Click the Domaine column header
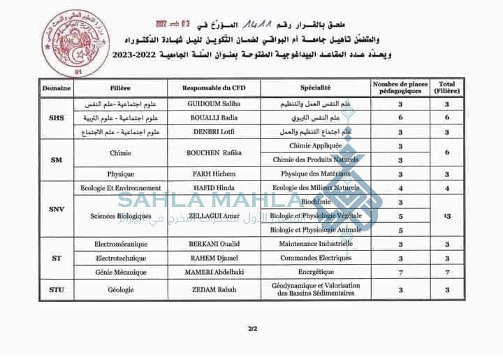click(x=57, y=88)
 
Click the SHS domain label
click(x=57, y=117)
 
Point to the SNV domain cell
click(x=57, y=209)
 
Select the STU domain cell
click(x=57, y=289)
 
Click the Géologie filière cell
click(x=121, y=289)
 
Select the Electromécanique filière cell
click(x=121, y=244)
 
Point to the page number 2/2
click(x=251, y=329)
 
